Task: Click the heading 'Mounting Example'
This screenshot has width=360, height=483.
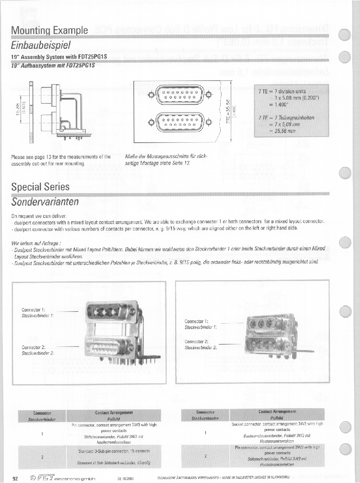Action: [x=50, y=30]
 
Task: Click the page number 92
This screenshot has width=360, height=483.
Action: [x=15, y=479]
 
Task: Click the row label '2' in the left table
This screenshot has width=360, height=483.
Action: [x=42, y=457]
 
